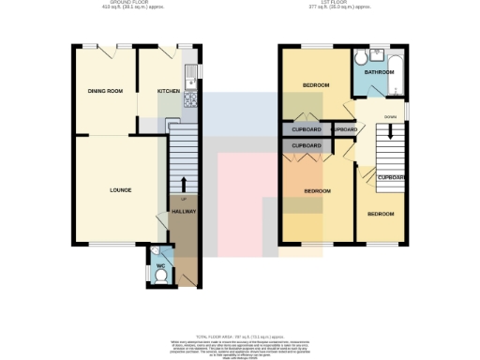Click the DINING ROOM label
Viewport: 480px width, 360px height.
[x=105, y=91]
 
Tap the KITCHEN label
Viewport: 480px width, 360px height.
[x=168, y=91]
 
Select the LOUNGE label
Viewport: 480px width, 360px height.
[x=120, y=190]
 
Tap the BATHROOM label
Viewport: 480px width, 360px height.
[x=379, y=71]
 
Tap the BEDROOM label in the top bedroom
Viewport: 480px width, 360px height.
[x=315, y=85]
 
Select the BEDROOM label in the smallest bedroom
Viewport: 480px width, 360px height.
[x=381, y=214]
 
